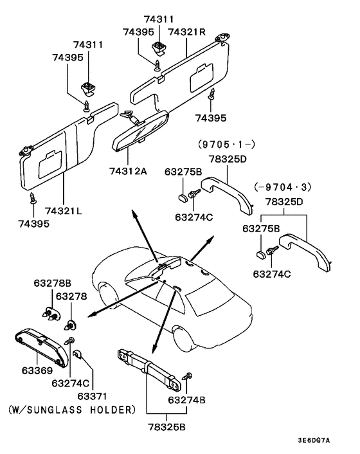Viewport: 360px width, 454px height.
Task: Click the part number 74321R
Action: tap(186, 32)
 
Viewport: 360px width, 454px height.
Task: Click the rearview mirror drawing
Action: tap(140, 132)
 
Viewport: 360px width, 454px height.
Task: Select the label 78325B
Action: tap(165, 426)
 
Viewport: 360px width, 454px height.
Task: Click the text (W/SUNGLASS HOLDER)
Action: tap(72, 409)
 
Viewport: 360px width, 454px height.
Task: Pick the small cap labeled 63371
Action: tap(77, 354)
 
